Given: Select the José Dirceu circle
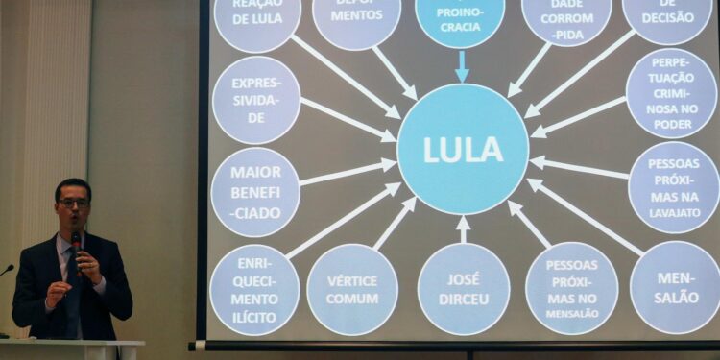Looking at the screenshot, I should point(464,288).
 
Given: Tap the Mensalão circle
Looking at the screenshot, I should point(676,287).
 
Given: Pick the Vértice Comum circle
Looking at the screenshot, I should point(352,289).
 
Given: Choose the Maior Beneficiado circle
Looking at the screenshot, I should point(255,192).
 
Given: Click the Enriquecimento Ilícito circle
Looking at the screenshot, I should point(254,290).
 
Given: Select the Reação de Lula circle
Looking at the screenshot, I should point(257,17).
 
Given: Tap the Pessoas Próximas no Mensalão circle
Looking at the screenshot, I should point(571,288).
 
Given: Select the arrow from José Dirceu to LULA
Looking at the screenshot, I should point(464,228).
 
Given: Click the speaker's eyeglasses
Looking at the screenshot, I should point(73,203).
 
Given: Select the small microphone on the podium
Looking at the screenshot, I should point(6,271).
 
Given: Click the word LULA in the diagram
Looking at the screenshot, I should point(463,150).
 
